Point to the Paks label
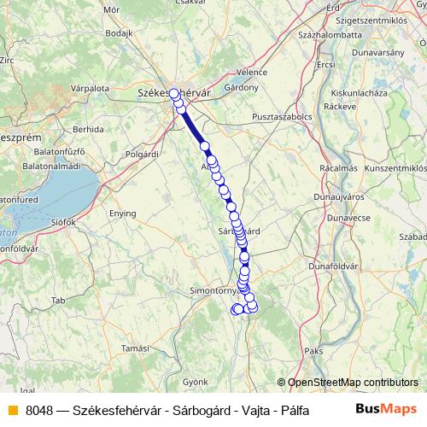pos(313,350)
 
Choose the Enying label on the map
pos(121,212)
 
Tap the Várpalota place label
pos(90,87)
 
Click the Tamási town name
pos(135,348)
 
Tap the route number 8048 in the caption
pos(39,410)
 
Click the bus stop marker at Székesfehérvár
pos(174,94)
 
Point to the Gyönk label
pos(196,380)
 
